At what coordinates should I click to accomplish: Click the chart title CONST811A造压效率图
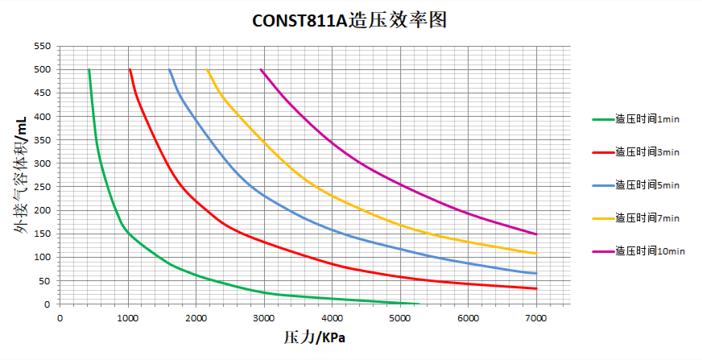pyautogui.click(x=349, y=20)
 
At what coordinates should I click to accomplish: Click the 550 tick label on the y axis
pyautogui.click(x=43, y=46)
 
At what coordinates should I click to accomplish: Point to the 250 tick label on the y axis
pyautogui.click(x=43, y=187)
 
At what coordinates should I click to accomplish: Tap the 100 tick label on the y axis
pyautogui.click(x=43, y=258)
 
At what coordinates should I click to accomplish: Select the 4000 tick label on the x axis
pyautogui.click(x=332, y=318)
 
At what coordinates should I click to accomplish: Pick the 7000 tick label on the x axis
pyautogui.click(x=536, y=318)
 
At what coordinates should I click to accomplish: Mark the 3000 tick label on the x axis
pyautogui.click(x=264, y=318)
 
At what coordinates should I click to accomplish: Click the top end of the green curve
pyautogui.click(x=89, y=70)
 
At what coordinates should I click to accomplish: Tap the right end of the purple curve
pyautogui.click(x=536, y=234)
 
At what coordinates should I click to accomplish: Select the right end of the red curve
pyautogui.click(x=536, y=288)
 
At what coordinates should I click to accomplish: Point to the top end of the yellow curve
pyautogui.click(x=208, y=70)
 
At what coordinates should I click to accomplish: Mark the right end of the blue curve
pyautogui.click(x=536, y=273)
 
